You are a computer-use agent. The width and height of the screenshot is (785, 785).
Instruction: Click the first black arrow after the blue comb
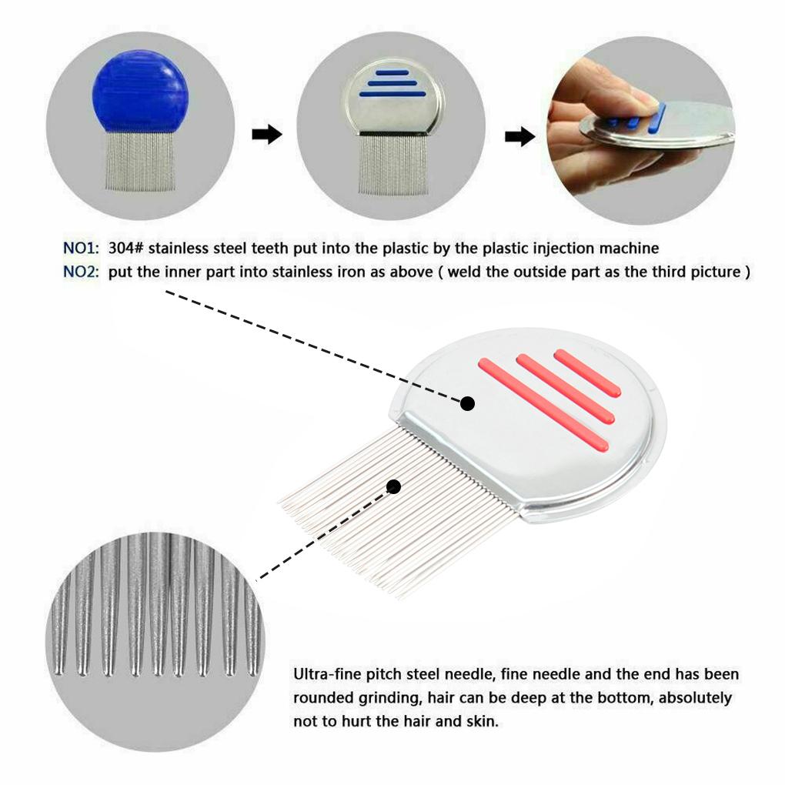tap(267, 135)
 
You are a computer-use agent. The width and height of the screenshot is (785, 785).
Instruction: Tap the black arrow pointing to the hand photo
tap(519, 137)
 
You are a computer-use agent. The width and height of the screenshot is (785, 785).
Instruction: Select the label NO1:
tap(81, 249)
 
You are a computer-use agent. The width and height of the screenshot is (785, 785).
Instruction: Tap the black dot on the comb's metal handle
tap(467, 403)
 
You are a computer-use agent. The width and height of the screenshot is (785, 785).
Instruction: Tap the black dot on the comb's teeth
tap(394, 486)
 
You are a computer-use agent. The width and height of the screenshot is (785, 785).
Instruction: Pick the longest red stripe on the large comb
tap(543, 404)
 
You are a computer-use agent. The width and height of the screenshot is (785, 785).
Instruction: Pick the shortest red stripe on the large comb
tap(587, 373)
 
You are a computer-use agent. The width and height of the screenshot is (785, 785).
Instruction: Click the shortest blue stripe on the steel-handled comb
tap(393, 72)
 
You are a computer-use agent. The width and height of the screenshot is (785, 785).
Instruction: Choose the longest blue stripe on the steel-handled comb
tap(392, 94)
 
